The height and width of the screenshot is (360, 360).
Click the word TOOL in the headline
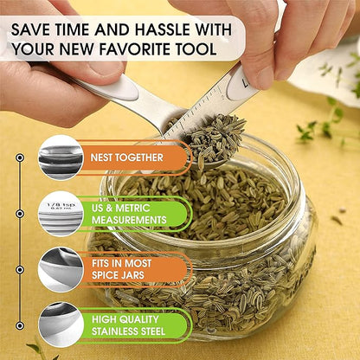(x=199, y=48)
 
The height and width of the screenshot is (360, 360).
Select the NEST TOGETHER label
(x=127, y=157)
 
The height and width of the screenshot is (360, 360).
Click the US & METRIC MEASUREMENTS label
(x=129, y=214)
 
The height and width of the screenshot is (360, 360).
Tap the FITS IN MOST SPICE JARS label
(x=121, y=269)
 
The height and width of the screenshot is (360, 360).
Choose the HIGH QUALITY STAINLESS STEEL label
(x=128, y=325)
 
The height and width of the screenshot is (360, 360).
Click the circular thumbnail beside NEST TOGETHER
(x=61, y=157)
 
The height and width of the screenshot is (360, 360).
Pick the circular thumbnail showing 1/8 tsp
(x=61, y=214)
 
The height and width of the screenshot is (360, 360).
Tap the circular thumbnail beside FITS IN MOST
(x=61, y=270)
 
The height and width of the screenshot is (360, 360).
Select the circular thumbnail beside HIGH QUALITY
(x=61, y=325)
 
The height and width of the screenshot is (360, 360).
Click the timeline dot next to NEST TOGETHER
(x=20, y=157)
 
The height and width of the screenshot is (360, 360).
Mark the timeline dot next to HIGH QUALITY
(x=20, y=325)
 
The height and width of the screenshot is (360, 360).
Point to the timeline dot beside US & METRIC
(x=20, y=214)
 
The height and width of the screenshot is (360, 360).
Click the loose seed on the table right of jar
(x=337, y=220)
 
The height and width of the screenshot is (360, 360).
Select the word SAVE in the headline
(x=30, y=29)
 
